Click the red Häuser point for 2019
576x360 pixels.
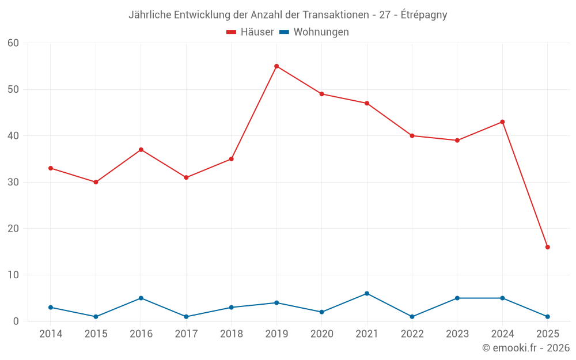coord(276,66)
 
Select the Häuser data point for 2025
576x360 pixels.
coord(547,247)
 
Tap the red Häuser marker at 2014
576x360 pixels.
coord(51,168)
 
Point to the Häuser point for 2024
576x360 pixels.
coord(502,122)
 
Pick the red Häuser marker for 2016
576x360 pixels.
coord(141,150)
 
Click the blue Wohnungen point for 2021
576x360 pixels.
coord(367,294)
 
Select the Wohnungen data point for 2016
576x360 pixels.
coord(141,298)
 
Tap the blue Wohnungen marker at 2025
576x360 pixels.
coord(547,317)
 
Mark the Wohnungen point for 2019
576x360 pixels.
coord(276,303)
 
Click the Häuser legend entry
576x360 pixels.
coord(250,32)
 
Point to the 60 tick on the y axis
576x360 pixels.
coord(13,43)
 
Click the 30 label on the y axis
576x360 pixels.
coord(13,182)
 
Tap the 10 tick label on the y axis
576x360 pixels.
coord(13,275)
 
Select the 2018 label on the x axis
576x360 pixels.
coord(232,334)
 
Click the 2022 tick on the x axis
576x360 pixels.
coord(412,334)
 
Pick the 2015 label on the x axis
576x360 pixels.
coord(96,334)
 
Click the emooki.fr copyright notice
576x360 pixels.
coord(526,348)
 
